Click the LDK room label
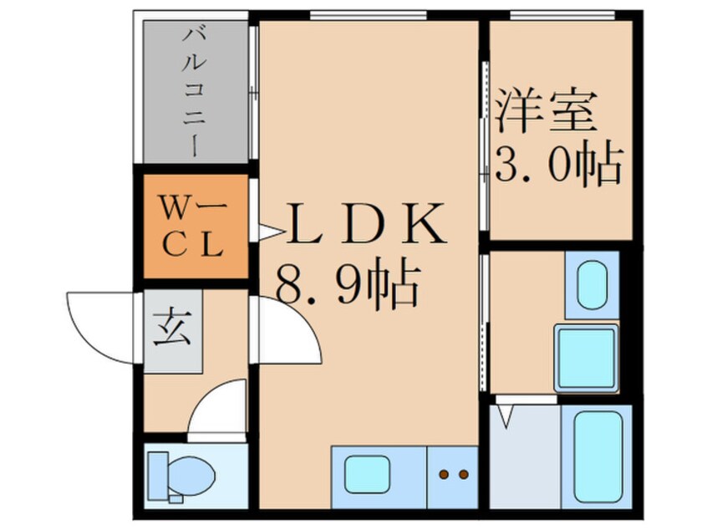pyautogui.click(x=365, y=224)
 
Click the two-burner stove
pyautogui.click(x=453, y=476)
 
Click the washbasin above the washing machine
pyautogui.click(x=592, y=284)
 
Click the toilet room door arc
pyautogui.click(x=217, y=410)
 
